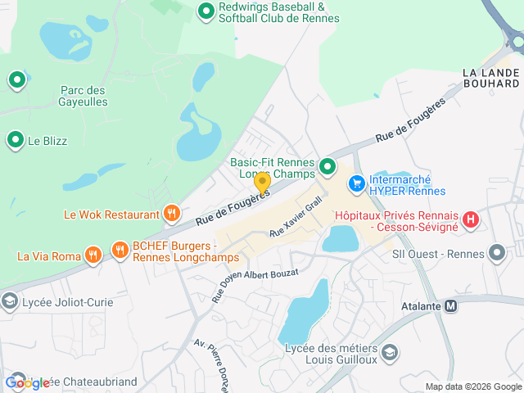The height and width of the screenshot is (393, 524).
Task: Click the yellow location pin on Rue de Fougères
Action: click(262, 183)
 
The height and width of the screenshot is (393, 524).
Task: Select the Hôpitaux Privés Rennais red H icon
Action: click(471, 219)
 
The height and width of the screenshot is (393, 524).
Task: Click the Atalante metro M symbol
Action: click(450, 306)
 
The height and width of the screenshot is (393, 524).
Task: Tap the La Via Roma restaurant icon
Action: click(93, 255)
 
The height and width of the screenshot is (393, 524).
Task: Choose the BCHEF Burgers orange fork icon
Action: click(120, 250)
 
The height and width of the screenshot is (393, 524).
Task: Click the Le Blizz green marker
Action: click(15, 141)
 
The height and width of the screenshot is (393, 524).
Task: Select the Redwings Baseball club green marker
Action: click(206, 11)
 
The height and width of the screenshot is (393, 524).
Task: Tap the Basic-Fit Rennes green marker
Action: click(327, 168)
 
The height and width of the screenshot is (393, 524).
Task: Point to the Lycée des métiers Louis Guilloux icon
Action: click(391, 351)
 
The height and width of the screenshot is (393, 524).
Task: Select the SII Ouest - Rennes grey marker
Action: click(496, 251)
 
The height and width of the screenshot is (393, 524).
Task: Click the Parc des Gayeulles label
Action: click(84, 95)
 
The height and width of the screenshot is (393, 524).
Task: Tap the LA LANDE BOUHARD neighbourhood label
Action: click(490, 78)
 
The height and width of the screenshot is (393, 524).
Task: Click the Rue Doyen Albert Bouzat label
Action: click(255, 285)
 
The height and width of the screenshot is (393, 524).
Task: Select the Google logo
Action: click(27, 383)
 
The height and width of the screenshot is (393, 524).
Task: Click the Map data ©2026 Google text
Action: click(473, 386)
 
